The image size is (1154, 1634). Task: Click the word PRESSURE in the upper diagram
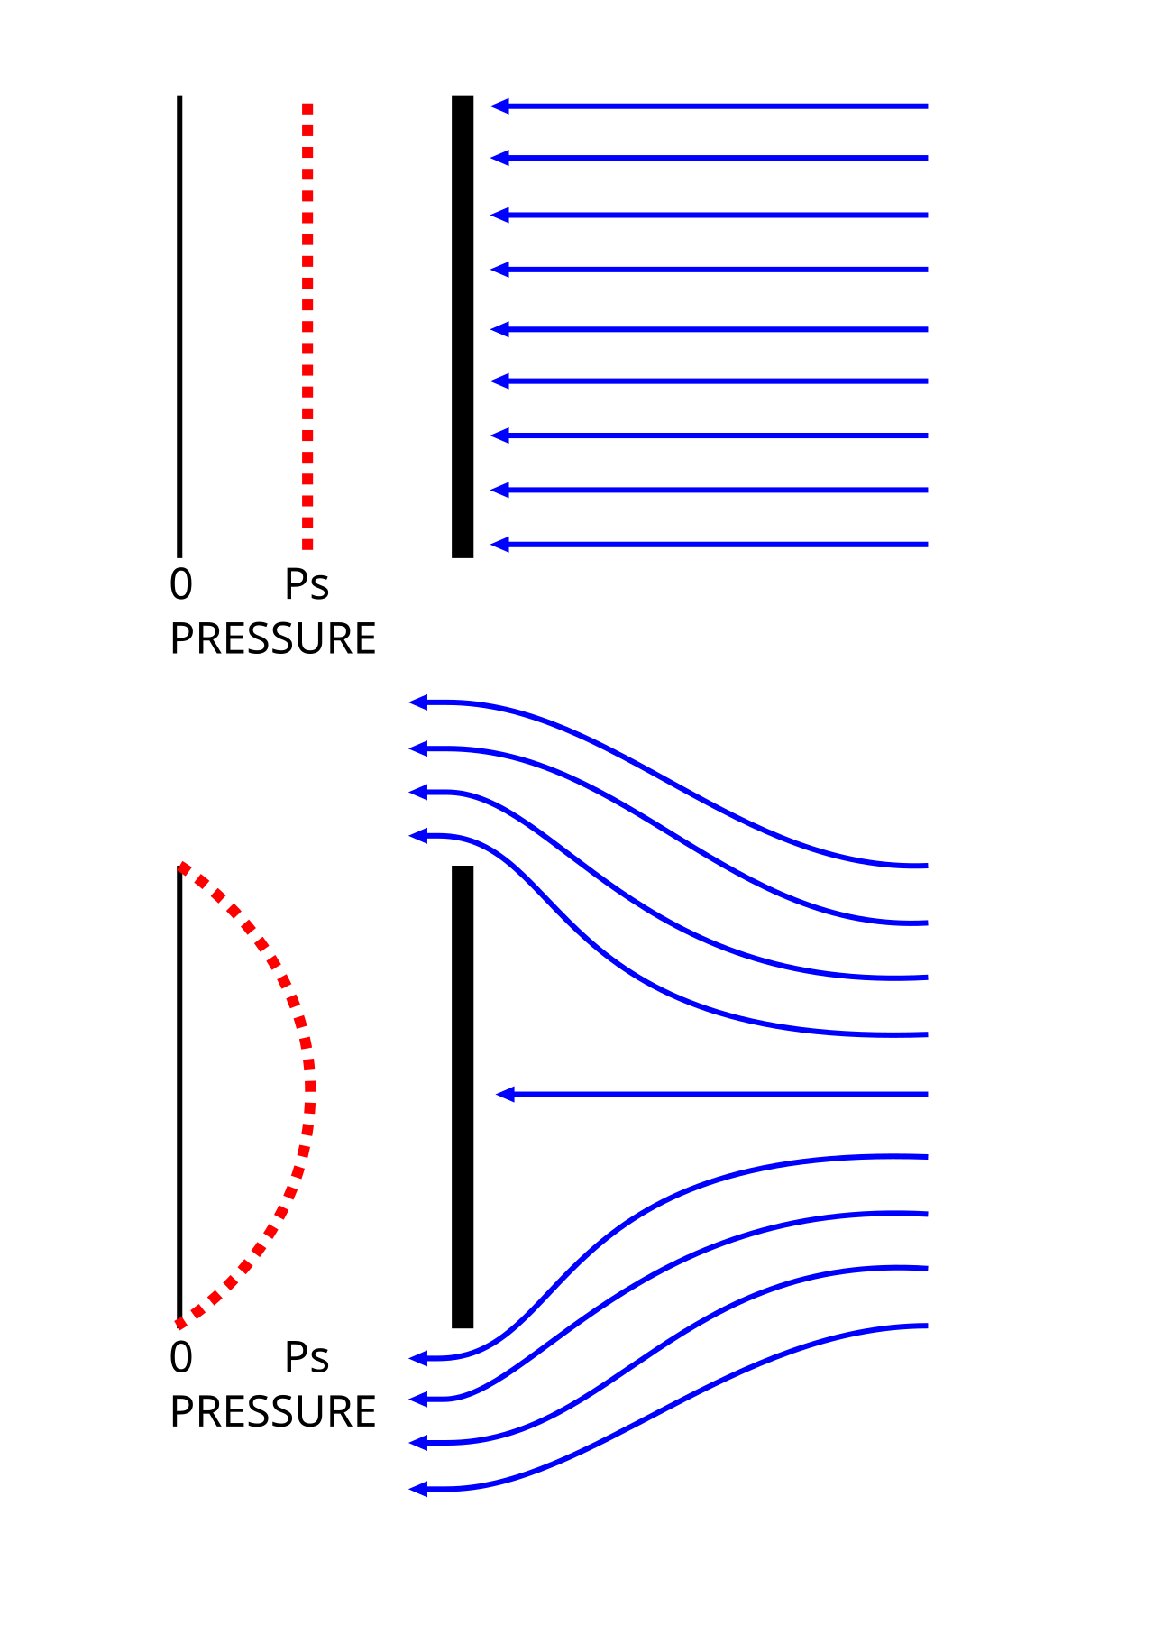pyautogui.click(x=273, y=638)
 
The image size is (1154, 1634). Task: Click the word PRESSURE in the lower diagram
pyautogui.click(x=273, y=1411)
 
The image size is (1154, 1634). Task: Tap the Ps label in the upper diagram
pyautogui.click(x=307, y=584)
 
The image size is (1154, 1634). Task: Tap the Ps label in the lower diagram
pyautogui.click(x=307, y=1357)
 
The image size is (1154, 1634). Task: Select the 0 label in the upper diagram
pyautogui.click(x=181, y=584)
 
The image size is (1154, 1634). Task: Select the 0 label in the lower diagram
pyautogui.click(x=181, y=1357)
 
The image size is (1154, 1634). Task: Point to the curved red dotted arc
pyautogui.click(x=310, y=1093)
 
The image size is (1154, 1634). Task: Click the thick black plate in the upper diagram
pyautogui.click(x=463, y=326)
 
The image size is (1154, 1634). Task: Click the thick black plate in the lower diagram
pyautogui.click(x=463, y=1097)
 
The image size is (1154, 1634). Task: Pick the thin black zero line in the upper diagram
pyautogui.click(x=180, y=326)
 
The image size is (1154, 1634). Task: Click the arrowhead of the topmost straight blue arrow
pyautogui.click(x=500, y=106)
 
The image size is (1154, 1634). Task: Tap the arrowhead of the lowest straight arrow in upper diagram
pyautogui.click(x=500, y=545)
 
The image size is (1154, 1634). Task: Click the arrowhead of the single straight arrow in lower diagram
pyautogui.click(x=506, y=1095)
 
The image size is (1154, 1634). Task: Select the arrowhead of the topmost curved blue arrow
pyautogui.click(x=418, y=702)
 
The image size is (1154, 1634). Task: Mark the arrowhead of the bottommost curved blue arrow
pyautogui.click(x=418, y=1490)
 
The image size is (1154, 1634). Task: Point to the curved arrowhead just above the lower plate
pyautogui.click(x=418, y=836)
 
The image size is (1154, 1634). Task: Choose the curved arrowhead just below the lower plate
pyautogui.click(x=418, y=1358)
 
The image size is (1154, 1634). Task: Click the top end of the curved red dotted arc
pyautogui.click(x=182, y=867)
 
